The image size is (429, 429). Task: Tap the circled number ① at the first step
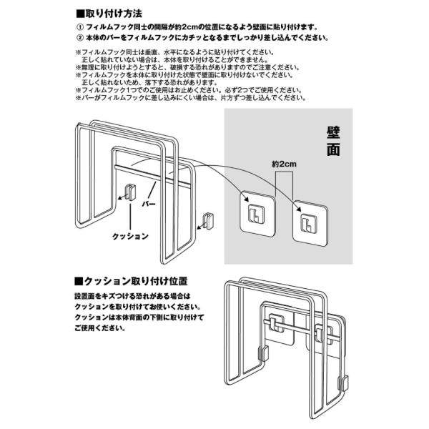click(x=79, y=26)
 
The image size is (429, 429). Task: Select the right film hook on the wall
click(x=307, y=219)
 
